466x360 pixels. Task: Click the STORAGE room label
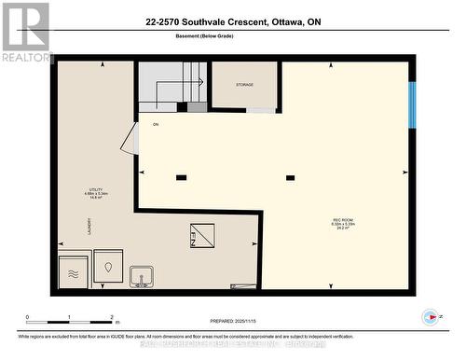point(244,85)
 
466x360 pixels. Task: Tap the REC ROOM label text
point(343,224)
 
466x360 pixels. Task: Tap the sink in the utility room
point(142,277)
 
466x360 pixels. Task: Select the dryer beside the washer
point(108,267)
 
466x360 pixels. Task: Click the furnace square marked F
point(202,235)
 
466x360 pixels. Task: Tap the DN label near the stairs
point(156,123)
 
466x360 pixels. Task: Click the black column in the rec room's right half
point(290,177)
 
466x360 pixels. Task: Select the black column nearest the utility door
point(181,177)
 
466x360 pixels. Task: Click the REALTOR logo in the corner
point(25,32)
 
